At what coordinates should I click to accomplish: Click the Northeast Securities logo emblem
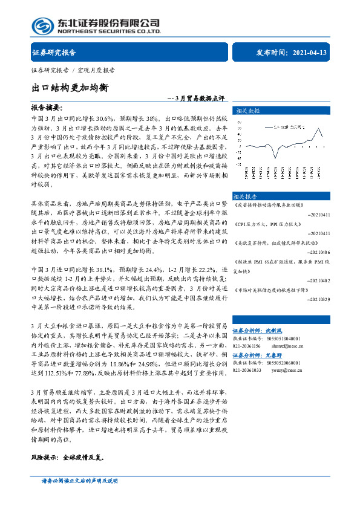click(x=42, y=25)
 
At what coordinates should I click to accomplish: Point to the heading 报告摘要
click(x=47, y=107)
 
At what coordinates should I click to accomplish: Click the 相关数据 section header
click(x=247, y=111)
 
